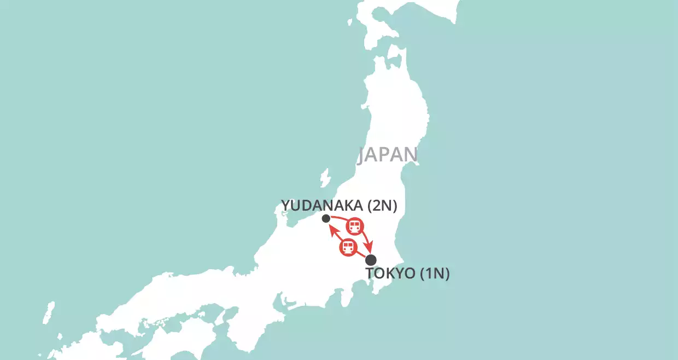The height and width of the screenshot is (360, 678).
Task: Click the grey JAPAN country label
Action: point(388,155)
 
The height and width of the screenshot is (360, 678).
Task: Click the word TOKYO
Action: point(390,274)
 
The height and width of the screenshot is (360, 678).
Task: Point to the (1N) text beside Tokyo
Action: point(435,274)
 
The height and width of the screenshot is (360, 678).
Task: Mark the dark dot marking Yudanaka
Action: point(326,219)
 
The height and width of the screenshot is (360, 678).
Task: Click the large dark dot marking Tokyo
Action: point(371,260)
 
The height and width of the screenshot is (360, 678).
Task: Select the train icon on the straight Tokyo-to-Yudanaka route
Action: point(347,247)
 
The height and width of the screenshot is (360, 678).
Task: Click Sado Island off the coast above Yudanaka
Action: point(325,178)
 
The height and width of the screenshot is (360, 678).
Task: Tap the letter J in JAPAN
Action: point(361,156)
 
